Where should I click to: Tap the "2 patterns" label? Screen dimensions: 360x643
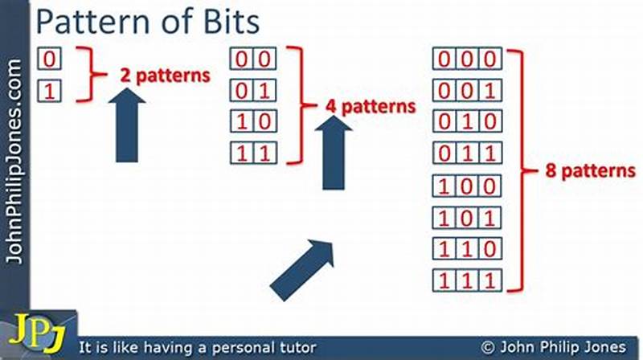point(165,76)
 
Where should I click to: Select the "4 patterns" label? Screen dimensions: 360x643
point(371,105)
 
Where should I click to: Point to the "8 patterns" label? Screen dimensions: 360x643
point(575,170)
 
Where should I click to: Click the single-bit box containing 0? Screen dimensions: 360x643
point(49,59)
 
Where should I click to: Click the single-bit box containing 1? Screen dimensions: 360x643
point(49,91)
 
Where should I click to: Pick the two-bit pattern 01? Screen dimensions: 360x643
point(255,89)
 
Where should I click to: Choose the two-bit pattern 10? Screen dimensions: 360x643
point(255,121)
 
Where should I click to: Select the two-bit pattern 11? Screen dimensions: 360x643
point(255,152)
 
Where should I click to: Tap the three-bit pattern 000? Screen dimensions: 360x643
point(468,59)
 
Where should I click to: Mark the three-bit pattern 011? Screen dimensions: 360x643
point(468,152)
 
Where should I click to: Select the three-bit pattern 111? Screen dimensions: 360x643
point(468,281)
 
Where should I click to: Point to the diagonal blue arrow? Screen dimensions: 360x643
point(302,268)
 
